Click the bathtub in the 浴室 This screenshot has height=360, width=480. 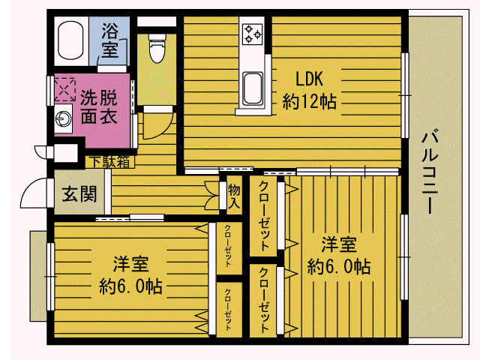pos(70,40)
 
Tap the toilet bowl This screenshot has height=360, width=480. pos(157,48)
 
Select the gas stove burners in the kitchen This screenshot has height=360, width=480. pos(252,34)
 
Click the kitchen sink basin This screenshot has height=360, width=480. pos(253,88)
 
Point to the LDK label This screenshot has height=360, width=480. pos(309,79)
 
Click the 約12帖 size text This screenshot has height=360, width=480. pos(309,101)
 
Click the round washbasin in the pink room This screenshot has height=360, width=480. pos(63,118)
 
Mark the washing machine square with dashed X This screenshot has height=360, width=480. pos(65,90)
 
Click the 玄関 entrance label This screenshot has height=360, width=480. pos(79,194)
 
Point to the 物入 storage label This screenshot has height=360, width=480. pos(234,195)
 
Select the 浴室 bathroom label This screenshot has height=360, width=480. pos(109,40)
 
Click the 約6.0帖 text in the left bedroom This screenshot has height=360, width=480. pos(130,286)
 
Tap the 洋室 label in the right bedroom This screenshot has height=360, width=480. pos(339,244)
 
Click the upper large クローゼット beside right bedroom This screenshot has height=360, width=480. pos(264,215)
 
